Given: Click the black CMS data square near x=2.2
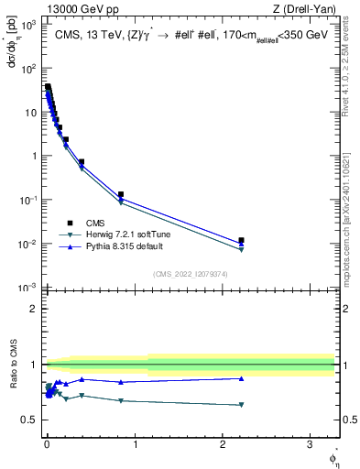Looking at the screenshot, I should click(241, 240).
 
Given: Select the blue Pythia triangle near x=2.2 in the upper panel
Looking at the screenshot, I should click(241, 245).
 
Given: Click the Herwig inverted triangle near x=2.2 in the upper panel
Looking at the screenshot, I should click(241, 249).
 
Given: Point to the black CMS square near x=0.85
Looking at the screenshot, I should click(121, 194).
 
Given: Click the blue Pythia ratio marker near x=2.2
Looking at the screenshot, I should click(241, 378).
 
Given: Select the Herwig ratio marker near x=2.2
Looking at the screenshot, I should click(241, 405).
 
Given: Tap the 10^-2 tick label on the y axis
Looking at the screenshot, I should click(27, 244).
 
